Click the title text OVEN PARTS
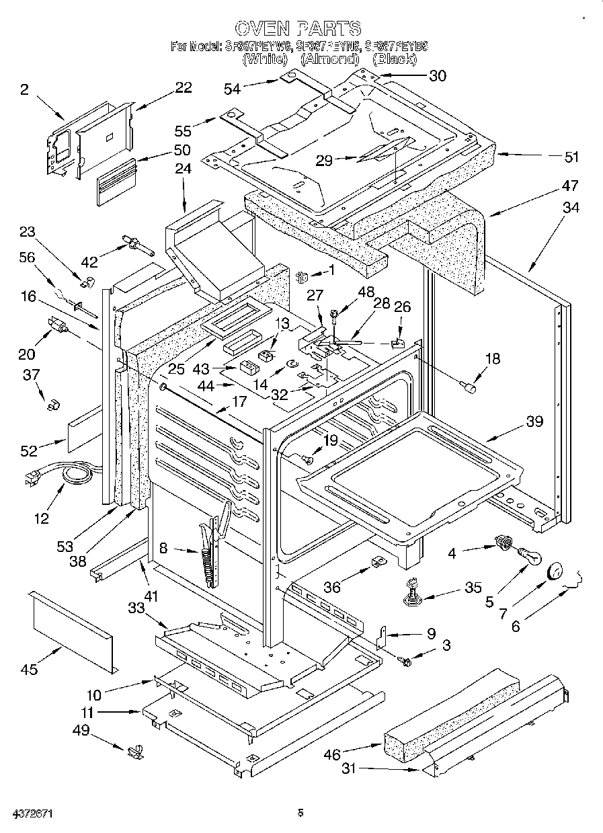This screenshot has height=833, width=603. (298, 28)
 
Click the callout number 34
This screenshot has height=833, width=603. (570, 208)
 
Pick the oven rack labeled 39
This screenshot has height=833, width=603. (410, 471)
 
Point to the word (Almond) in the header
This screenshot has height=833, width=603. (329, 59)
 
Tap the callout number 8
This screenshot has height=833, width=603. (163, 548)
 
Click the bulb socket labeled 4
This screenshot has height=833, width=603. (501, 541)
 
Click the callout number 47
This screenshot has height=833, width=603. (570, 185)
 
